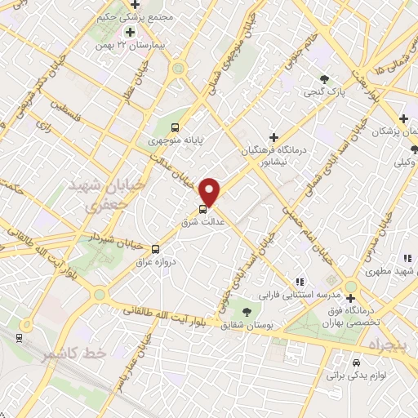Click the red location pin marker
pos(211,192)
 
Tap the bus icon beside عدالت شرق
pos(203,208)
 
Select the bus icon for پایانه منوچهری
pos(175,127)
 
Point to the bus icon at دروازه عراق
pos(154,248)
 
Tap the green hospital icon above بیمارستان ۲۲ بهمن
pos(129,32)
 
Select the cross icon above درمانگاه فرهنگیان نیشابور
pos(273,136)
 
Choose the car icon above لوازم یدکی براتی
pos(355,362)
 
